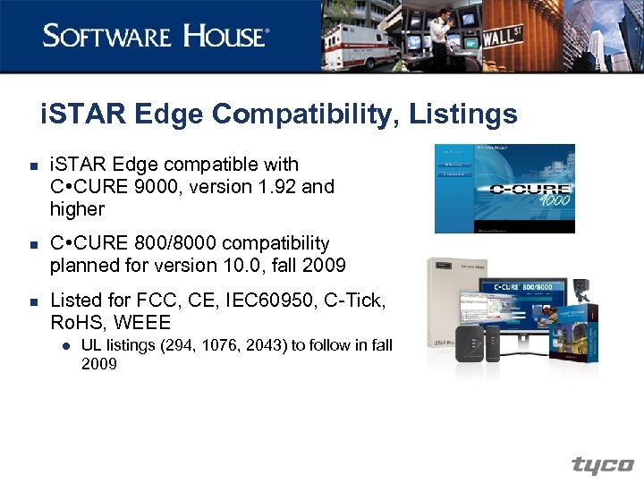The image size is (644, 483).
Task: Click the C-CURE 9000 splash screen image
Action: (x=504, y=188)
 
